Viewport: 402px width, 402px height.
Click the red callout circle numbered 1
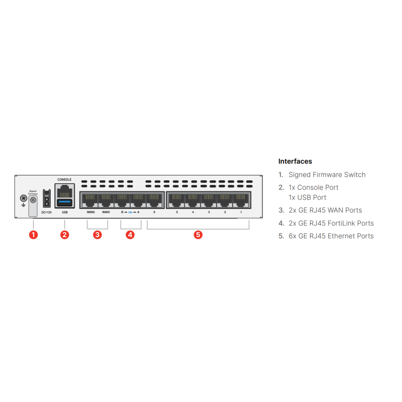click(33, 235)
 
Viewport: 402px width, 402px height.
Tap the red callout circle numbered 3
click(97, 235)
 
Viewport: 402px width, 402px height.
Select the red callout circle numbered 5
click(198, 235)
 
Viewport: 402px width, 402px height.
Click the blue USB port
click(64, 203)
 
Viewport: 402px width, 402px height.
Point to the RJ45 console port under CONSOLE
click(64, 191)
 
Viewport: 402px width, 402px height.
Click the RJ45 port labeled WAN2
click(90, 200)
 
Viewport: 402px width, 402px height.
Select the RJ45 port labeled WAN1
click(106, 200)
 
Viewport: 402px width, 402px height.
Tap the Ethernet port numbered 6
click(154, 200)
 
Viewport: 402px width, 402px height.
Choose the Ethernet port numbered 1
click(241, 200)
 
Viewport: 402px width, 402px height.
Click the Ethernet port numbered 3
click(209, 200)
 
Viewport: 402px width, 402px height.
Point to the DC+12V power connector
click(47, 198)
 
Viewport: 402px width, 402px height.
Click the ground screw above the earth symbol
click(23, 198)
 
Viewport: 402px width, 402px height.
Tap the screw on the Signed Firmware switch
click(33, 200)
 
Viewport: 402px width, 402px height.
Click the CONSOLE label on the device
click(64, 179)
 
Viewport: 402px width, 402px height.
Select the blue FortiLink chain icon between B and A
click(130, 212)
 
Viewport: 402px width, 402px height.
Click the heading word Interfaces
click(295, 161)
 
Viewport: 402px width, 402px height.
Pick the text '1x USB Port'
click(308, 197)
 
